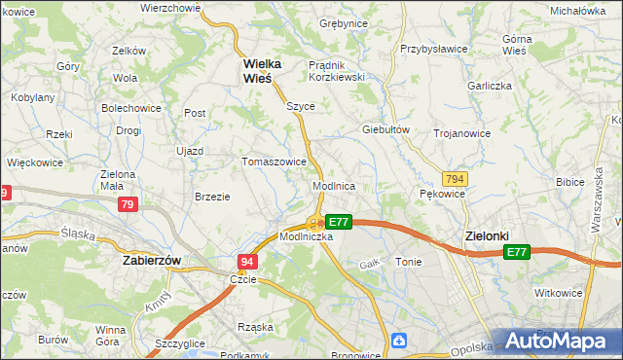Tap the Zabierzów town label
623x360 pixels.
pos(153,261)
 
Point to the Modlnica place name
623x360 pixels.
pos(333,185)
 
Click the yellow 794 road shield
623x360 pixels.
pos(454,179)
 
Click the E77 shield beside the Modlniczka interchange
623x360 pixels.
pos(338,222)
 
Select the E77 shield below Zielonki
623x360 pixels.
pos(516,252)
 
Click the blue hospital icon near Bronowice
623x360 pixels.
pos(399,340)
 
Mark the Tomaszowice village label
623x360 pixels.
pos(275,162)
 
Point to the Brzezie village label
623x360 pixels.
pos(212,196)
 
